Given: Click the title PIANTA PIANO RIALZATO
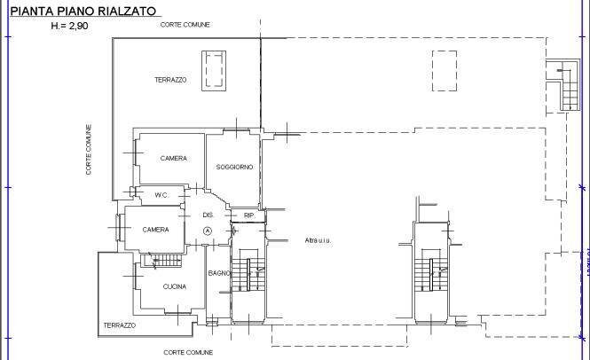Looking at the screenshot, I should (83, 11).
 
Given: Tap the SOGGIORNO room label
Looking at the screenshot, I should (234, 167).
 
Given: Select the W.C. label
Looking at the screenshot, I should (161, 195).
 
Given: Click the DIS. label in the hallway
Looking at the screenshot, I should (208, 215).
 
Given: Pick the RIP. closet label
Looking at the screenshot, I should (249, 215).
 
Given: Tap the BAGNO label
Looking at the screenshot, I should (218, 273).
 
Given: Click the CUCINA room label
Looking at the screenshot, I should (174, 286).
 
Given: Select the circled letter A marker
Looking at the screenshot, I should (208, 231).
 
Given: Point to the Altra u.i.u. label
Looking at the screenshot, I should (317, 240).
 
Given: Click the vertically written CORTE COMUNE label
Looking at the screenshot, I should (90, 149).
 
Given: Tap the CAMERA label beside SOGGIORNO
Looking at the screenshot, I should (173, 158).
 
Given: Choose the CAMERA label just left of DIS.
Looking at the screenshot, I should (155, 230).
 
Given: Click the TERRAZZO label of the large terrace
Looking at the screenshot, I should (169, 80).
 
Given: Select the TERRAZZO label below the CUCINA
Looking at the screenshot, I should (119, 325).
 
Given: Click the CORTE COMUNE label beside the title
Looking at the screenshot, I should (185, 25).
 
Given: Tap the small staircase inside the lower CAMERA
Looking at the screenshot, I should (164, 261).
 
